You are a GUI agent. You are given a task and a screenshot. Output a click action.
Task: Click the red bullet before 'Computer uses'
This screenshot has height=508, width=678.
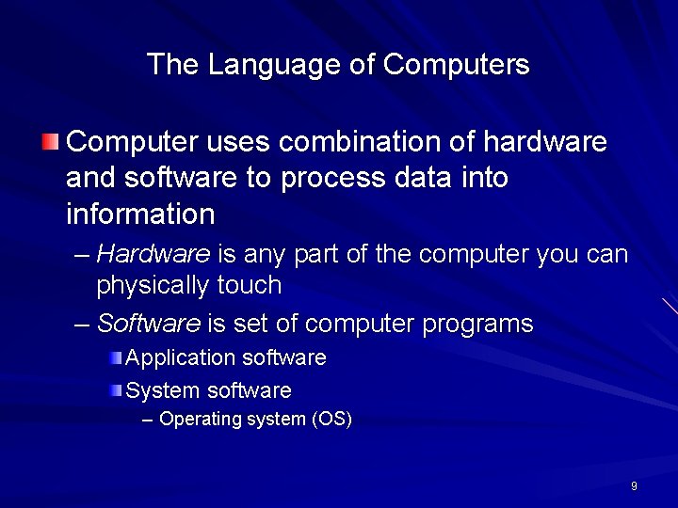coord(50,142)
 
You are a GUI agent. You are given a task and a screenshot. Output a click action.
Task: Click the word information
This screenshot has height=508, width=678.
coord(140,214)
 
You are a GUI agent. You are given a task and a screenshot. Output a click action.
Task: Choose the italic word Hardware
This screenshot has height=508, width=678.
coord(153,254)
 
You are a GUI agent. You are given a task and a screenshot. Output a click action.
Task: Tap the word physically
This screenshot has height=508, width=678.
coord(153,285)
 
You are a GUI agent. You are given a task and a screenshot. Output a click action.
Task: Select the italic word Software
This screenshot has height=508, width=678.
coord(149,325)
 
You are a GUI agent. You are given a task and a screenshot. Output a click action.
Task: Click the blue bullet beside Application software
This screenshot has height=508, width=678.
coord(115,357)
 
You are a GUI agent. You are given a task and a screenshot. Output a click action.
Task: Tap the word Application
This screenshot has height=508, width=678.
coord(180,358)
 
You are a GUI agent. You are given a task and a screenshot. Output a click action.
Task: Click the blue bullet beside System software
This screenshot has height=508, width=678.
coord(115,389)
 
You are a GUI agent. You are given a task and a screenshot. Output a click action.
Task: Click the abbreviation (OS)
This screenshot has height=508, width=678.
coord(331,420)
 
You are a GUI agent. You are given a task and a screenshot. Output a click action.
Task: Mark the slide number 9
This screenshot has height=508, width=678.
coord(634,486)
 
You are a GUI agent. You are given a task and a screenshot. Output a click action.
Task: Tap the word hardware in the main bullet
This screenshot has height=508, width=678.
coord(544,142)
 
